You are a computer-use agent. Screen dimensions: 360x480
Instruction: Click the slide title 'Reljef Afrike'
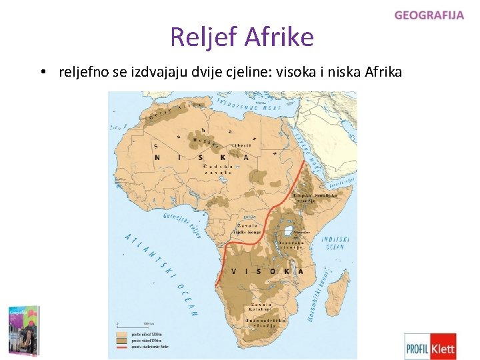click(x=241, y=37)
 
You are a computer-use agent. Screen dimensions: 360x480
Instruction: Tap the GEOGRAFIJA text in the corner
click(x=429, y=15)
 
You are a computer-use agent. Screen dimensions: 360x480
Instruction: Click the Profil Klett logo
click(x=431, y=346)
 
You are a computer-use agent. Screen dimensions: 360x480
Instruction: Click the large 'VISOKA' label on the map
click(x=266, y=271)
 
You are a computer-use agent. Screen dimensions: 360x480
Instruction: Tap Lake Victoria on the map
click(x=289, y=232)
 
